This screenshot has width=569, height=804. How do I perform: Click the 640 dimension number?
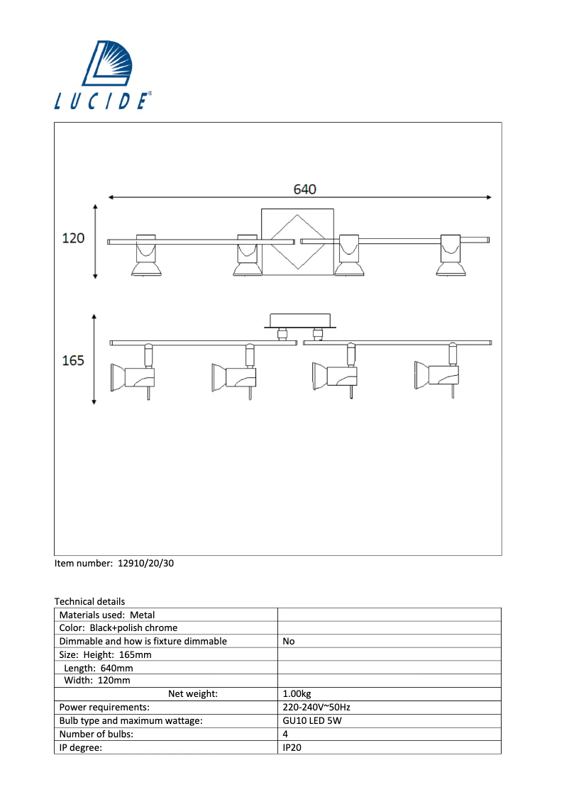click(x=305, y=189)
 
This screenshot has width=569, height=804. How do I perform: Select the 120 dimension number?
click(x=73, y=238)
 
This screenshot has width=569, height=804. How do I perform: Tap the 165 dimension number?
click(x=73, y=360)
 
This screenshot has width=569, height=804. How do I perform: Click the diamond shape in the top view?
click(x=297, y=241)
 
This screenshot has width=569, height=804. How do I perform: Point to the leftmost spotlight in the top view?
click(x=146, y=255)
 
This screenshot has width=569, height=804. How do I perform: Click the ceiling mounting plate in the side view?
click(x=299, y=320)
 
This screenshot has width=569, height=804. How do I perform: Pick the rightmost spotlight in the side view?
click(x=436, y=374)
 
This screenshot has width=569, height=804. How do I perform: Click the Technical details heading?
click(x=89, y=601)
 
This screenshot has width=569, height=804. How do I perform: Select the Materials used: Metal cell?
click(x=107, y=615)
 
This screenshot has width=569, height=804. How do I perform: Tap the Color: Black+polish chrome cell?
click(x=118, y=627)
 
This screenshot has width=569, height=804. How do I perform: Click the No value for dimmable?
click(x=289, y=641)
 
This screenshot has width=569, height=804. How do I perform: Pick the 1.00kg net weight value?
click(x=297, y=694)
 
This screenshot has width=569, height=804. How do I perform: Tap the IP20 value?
click(x=292, y=747)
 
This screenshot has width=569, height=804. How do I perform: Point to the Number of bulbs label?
click(x=96, y=735)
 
